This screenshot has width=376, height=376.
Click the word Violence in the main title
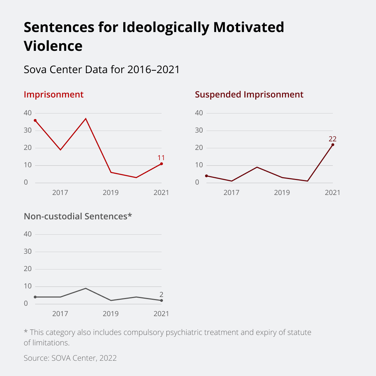coord(53,46)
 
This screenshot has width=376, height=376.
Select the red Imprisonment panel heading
coord(54,94)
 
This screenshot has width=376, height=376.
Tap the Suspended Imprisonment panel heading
coord(249,94)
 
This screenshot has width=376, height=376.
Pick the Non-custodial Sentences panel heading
coord(78,216)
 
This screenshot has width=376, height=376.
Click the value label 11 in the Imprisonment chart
coord(161,157)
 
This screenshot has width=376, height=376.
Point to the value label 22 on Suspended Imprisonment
coord(332,139)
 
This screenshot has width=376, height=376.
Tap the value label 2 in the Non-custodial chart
coord(161,295)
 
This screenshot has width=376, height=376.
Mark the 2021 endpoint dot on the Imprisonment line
coord(162,164)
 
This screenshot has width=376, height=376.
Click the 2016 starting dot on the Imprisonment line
coord(35,120)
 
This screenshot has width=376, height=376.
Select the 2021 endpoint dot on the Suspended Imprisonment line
coord(333,144)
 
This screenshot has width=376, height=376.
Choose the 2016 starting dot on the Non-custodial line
coord(35,297)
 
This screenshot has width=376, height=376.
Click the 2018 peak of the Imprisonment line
coord(86,119)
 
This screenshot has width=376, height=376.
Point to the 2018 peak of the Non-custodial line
coord(86,288)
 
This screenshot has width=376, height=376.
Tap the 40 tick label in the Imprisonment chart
coord(28,113)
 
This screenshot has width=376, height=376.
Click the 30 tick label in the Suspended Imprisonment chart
coord(199,130)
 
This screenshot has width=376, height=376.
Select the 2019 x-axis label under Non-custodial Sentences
coord(111,314)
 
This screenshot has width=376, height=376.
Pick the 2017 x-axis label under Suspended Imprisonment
coord(232,193)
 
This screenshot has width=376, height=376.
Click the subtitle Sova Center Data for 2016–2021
coord(102,70)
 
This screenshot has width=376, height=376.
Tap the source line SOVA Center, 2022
coord(70,358)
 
